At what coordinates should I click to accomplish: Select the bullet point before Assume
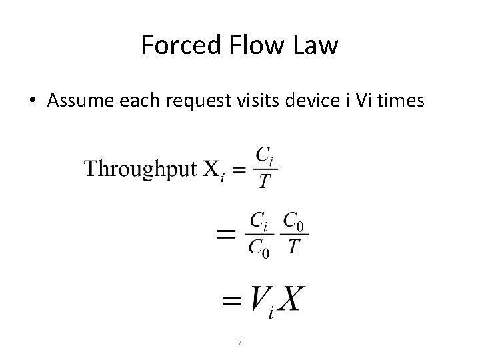pyautogui.click(x=33, y=101)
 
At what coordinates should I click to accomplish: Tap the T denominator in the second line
pyautogui.click(x=294, y=247)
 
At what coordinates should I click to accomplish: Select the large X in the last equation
pyautogui.click(x=290, y=299)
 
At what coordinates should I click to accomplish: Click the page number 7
pyautogui.click(x=239, y=343)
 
